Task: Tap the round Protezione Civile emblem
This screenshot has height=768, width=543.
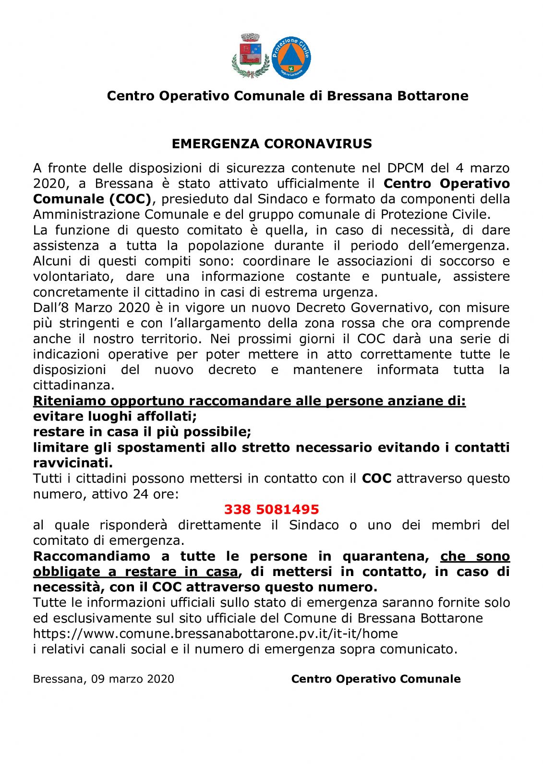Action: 291,58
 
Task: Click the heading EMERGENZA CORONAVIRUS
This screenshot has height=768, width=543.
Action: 272,144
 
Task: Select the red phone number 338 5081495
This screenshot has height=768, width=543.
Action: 271,509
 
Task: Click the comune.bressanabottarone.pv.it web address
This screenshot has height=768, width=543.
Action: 215,634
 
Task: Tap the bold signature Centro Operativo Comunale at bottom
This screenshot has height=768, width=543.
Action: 376,679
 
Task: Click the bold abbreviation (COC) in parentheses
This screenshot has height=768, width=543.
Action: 130,199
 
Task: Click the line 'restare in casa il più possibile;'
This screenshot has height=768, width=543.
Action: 142,432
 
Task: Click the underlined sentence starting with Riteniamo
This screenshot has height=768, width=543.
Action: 249,401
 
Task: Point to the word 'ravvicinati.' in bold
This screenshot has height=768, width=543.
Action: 73,463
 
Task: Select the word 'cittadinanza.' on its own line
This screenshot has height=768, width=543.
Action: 74,385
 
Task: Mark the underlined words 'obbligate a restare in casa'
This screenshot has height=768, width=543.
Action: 135,572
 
